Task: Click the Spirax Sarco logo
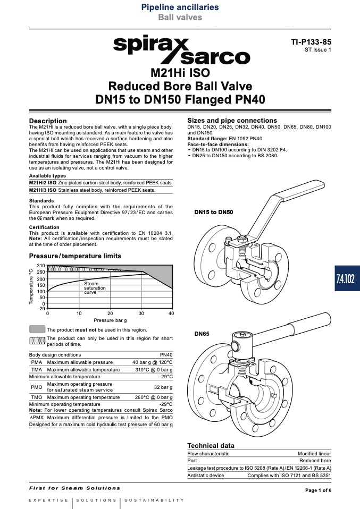coord(182,49)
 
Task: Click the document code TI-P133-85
coord(311,42)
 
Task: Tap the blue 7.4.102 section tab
coord(347,278)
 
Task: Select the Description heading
coord(48,121)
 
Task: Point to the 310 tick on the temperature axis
coord(41,266)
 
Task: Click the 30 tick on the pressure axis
coord(141,313)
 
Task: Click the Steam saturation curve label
coord(95,288)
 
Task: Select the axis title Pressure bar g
coord(110,320)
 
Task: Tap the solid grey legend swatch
coord(37,329)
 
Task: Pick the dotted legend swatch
coord(37,341)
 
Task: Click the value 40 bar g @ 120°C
coord(153,362)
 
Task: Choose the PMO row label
coord(37,387)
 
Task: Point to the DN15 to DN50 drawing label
coord(213,213)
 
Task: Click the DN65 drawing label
coord(202,334)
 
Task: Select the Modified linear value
coord(314,454)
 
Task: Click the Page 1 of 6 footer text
coord(319,490)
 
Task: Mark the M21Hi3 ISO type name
coord(43,190)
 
